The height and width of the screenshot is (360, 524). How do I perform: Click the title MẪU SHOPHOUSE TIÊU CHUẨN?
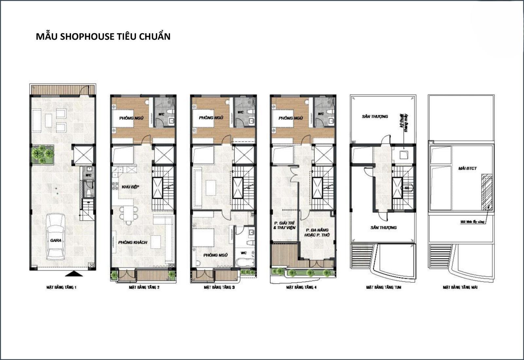(x=103, y=36)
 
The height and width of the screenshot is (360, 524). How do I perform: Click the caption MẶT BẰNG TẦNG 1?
(x=61, y=288)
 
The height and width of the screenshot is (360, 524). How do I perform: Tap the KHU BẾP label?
(x=130, y=187)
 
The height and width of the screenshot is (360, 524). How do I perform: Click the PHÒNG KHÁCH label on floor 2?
(x=133, y=243)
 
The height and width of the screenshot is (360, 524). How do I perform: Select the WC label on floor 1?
(x=88, y=175)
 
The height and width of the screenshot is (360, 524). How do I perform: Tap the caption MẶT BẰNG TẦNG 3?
(x=219, y=288)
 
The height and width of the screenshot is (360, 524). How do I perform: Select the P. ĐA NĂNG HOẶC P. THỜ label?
(x=317, y=233)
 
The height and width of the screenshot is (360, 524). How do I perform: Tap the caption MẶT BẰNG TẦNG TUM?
(x=383, y=288)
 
